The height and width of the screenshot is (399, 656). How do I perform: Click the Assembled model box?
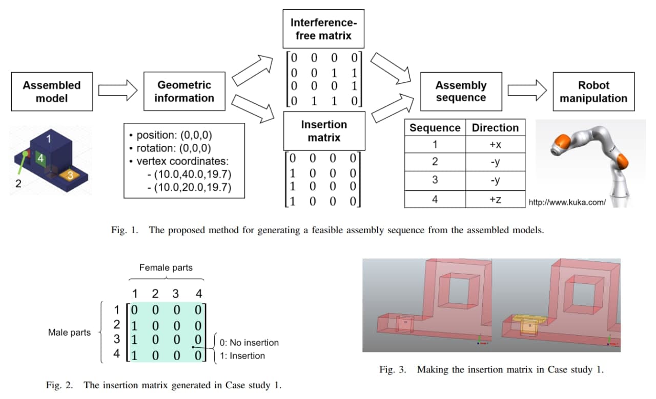[x=52, y=92]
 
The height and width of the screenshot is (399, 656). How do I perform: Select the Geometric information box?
[x=184, y=92]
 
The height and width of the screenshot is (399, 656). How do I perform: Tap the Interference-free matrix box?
[x=324, y=29]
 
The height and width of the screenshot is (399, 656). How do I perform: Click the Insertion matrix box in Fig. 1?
[x=324, y=131]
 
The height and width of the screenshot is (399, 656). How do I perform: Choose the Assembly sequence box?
[x=461, y=92]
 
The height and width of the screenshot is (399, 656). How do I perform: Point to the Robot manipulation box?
[x=593, y=92]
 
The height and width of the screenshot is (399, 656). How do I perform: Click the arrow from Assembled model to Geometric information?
[x=118, y=91]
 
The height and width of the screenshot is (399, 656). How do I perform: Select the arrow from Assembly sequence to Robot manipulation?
[x=527, y=91]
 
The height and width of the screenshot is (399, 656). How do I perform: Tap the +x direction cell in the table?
[x=495, y=145]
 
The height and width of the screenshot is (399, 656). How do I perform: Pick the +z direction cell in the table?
[x=495, y=199]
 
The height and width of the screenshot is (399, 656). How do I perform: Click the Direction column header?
[x=495, y=128]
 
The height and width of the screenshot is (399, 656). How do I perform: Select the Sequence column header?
[x=435, y=128]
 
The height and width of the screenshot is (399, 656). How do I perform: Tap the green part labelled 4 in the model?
[x=40, y=159]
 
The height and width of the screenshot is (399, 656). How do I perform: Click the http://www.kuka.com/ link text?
[x=567, y=202]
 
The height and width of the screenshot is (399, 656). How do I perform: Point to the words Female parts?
[x=166, y=268]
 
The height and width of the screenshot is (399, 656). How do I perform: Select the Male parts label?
[x=69, y=332]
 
